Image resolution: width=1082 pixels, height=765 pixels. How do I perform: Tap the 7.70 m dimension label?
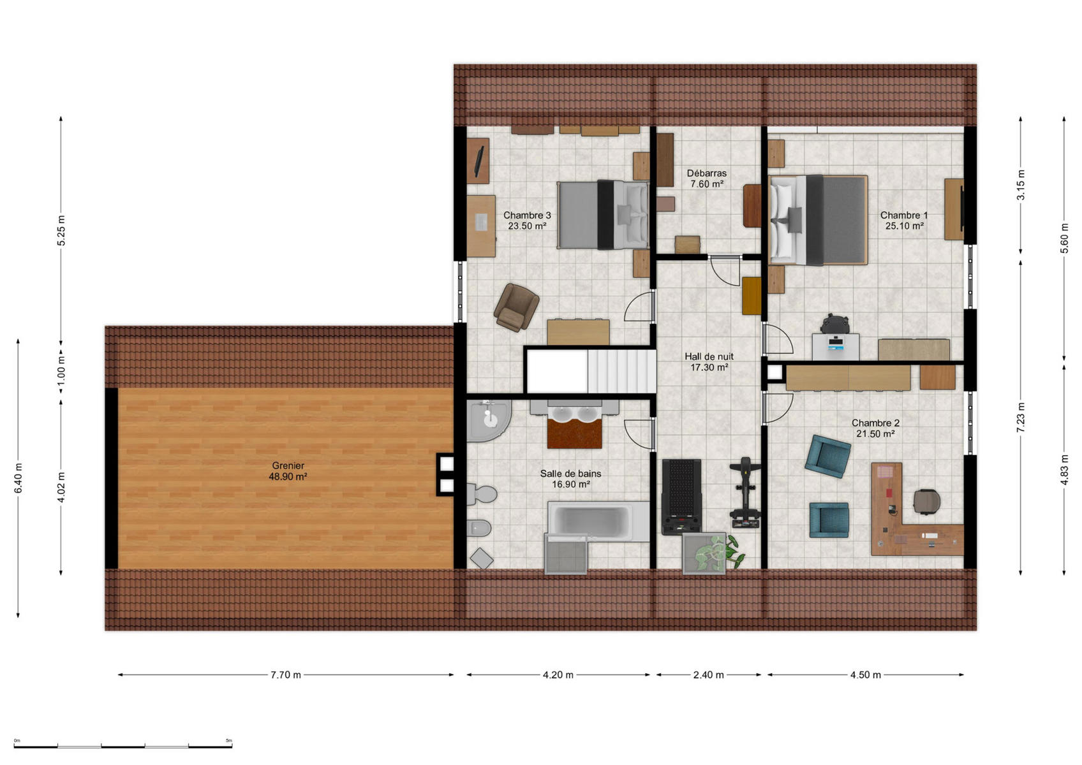click(x=285, y=674)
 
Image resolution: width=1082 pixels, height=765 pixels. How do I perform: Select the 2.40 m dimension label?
click(x=708, y=674)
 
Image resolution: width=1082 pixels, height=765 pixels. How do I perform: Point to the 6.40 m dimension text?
click(x=19, y=478)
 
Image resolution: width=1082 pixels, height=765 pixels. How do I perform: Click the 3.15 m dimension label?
click(x=1021, y=185)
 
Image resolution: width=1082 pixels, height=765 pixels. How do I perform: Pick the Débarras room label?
click(x=707, y=173)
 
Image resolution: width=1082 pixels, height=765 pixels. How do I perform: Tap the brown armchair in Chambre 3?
click(x=516, y=307)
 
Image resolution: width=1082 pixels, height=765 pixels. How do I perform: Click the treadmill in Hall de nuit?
click(x=681, y=497)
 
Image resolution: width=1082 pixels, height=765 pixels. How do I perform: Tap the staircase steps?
click(x=621, y=372)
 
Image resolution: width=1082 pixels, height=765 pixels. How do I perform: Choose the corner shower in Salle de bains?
click(x=488, y=420)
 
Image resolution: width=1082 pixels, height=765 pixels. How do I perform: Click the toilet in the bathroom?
click(x=482, y=494)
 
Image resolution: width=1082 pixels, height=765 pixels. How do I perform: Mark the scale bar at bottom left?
click(x=122, y=747)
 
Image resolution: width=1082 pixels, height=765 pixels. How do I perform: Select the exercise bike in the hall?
click(x=745, y=492)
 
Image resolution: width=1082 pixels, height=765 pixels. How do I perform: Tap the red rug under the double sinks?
click(x=574, y=433)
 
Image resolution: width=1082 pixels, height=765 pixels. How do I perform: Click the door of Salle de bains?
click(x=637, y=434)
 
